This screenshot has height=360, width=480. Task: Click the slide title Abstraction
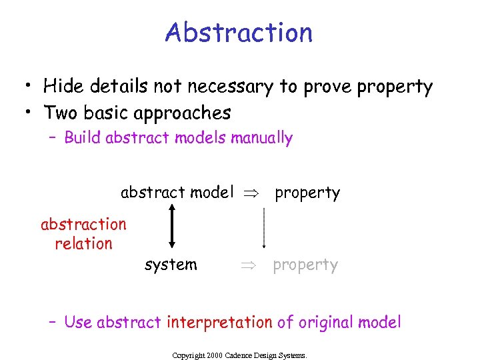pos(239,32)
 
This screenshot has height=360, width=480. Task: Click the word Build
pos(83,138)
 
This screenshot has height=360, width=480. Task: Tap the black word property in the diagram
pos(307,193)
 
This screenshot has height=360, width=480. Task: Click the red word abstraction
pos(83,224)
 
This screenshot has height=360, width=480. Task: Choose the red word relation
pos(83,243)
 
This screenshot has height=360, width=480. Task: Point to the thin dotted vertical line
pos(264,227)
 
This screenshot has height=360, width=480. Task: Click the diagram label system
pos(171,265)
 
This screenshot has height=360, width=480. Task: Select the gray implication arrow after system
pos(248,265)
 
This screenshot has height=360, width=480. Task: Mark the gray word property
pos(305,265)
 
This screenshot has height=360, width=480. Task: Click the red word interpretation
pos(219,323)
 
